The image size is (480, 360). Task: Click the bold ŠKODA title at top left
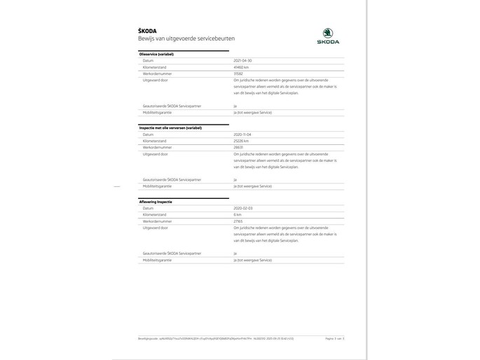pyautogui.click(x=149, y=32)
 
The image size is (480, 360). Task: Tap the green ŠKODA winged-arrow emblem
pyautogui.click(x=328, y=33)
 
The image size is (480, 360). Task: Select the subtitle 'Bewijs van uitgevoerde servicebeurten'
pyautogui.click(x=186, y=39)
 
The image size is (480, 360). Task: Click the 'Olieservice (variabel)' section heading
pyautogui.click(x=157, y=55)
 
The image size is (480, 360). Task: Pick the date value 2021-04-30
pyautogui.click(x=243, y=61)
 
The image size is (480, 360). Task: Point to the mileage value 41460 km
pyautogui.click(x=242, y=67)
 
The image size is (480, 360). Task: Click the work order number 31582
pyautogui.click(x=238, y=74)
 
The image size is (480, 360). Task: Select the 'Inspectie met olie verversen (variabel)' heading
pyautogui.click(x=172, y=128)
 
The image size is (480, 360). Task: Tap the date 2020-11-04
pyautogui.click(x=243, y=134)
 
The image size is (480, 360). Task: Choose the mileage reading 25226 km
pyautogui.click(x=242, y=141)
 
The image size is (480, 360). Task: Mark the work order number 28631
pyautogui.click(x=238, y=147)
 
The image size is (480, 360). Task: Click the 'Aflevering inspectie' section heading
pyautogui.click(x=156, y=202)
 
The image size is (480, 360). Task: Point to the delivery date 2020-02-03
pyautogui.click(x=243, y=208)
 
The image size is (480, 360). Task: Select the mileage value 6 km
pyautogui.click(x=237, y=214)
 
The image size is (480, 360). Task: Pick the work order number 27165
pyautogui.click(x=238, y=221)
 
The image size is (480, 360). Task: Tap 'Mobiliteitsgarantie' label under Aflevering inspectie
pyautogui.click(x=156, y=260)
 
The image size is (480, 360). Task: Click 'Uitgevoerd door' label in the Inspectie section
pyautogui.click(x=155, y=154)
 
